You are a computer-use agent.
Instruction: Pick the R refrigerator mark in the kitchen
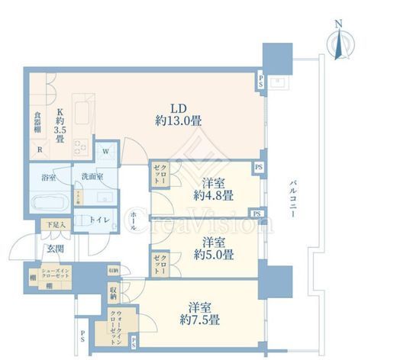(x=40, y=149)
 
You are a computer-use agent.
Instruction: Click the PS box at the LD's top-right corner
(x=261, y=79)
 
